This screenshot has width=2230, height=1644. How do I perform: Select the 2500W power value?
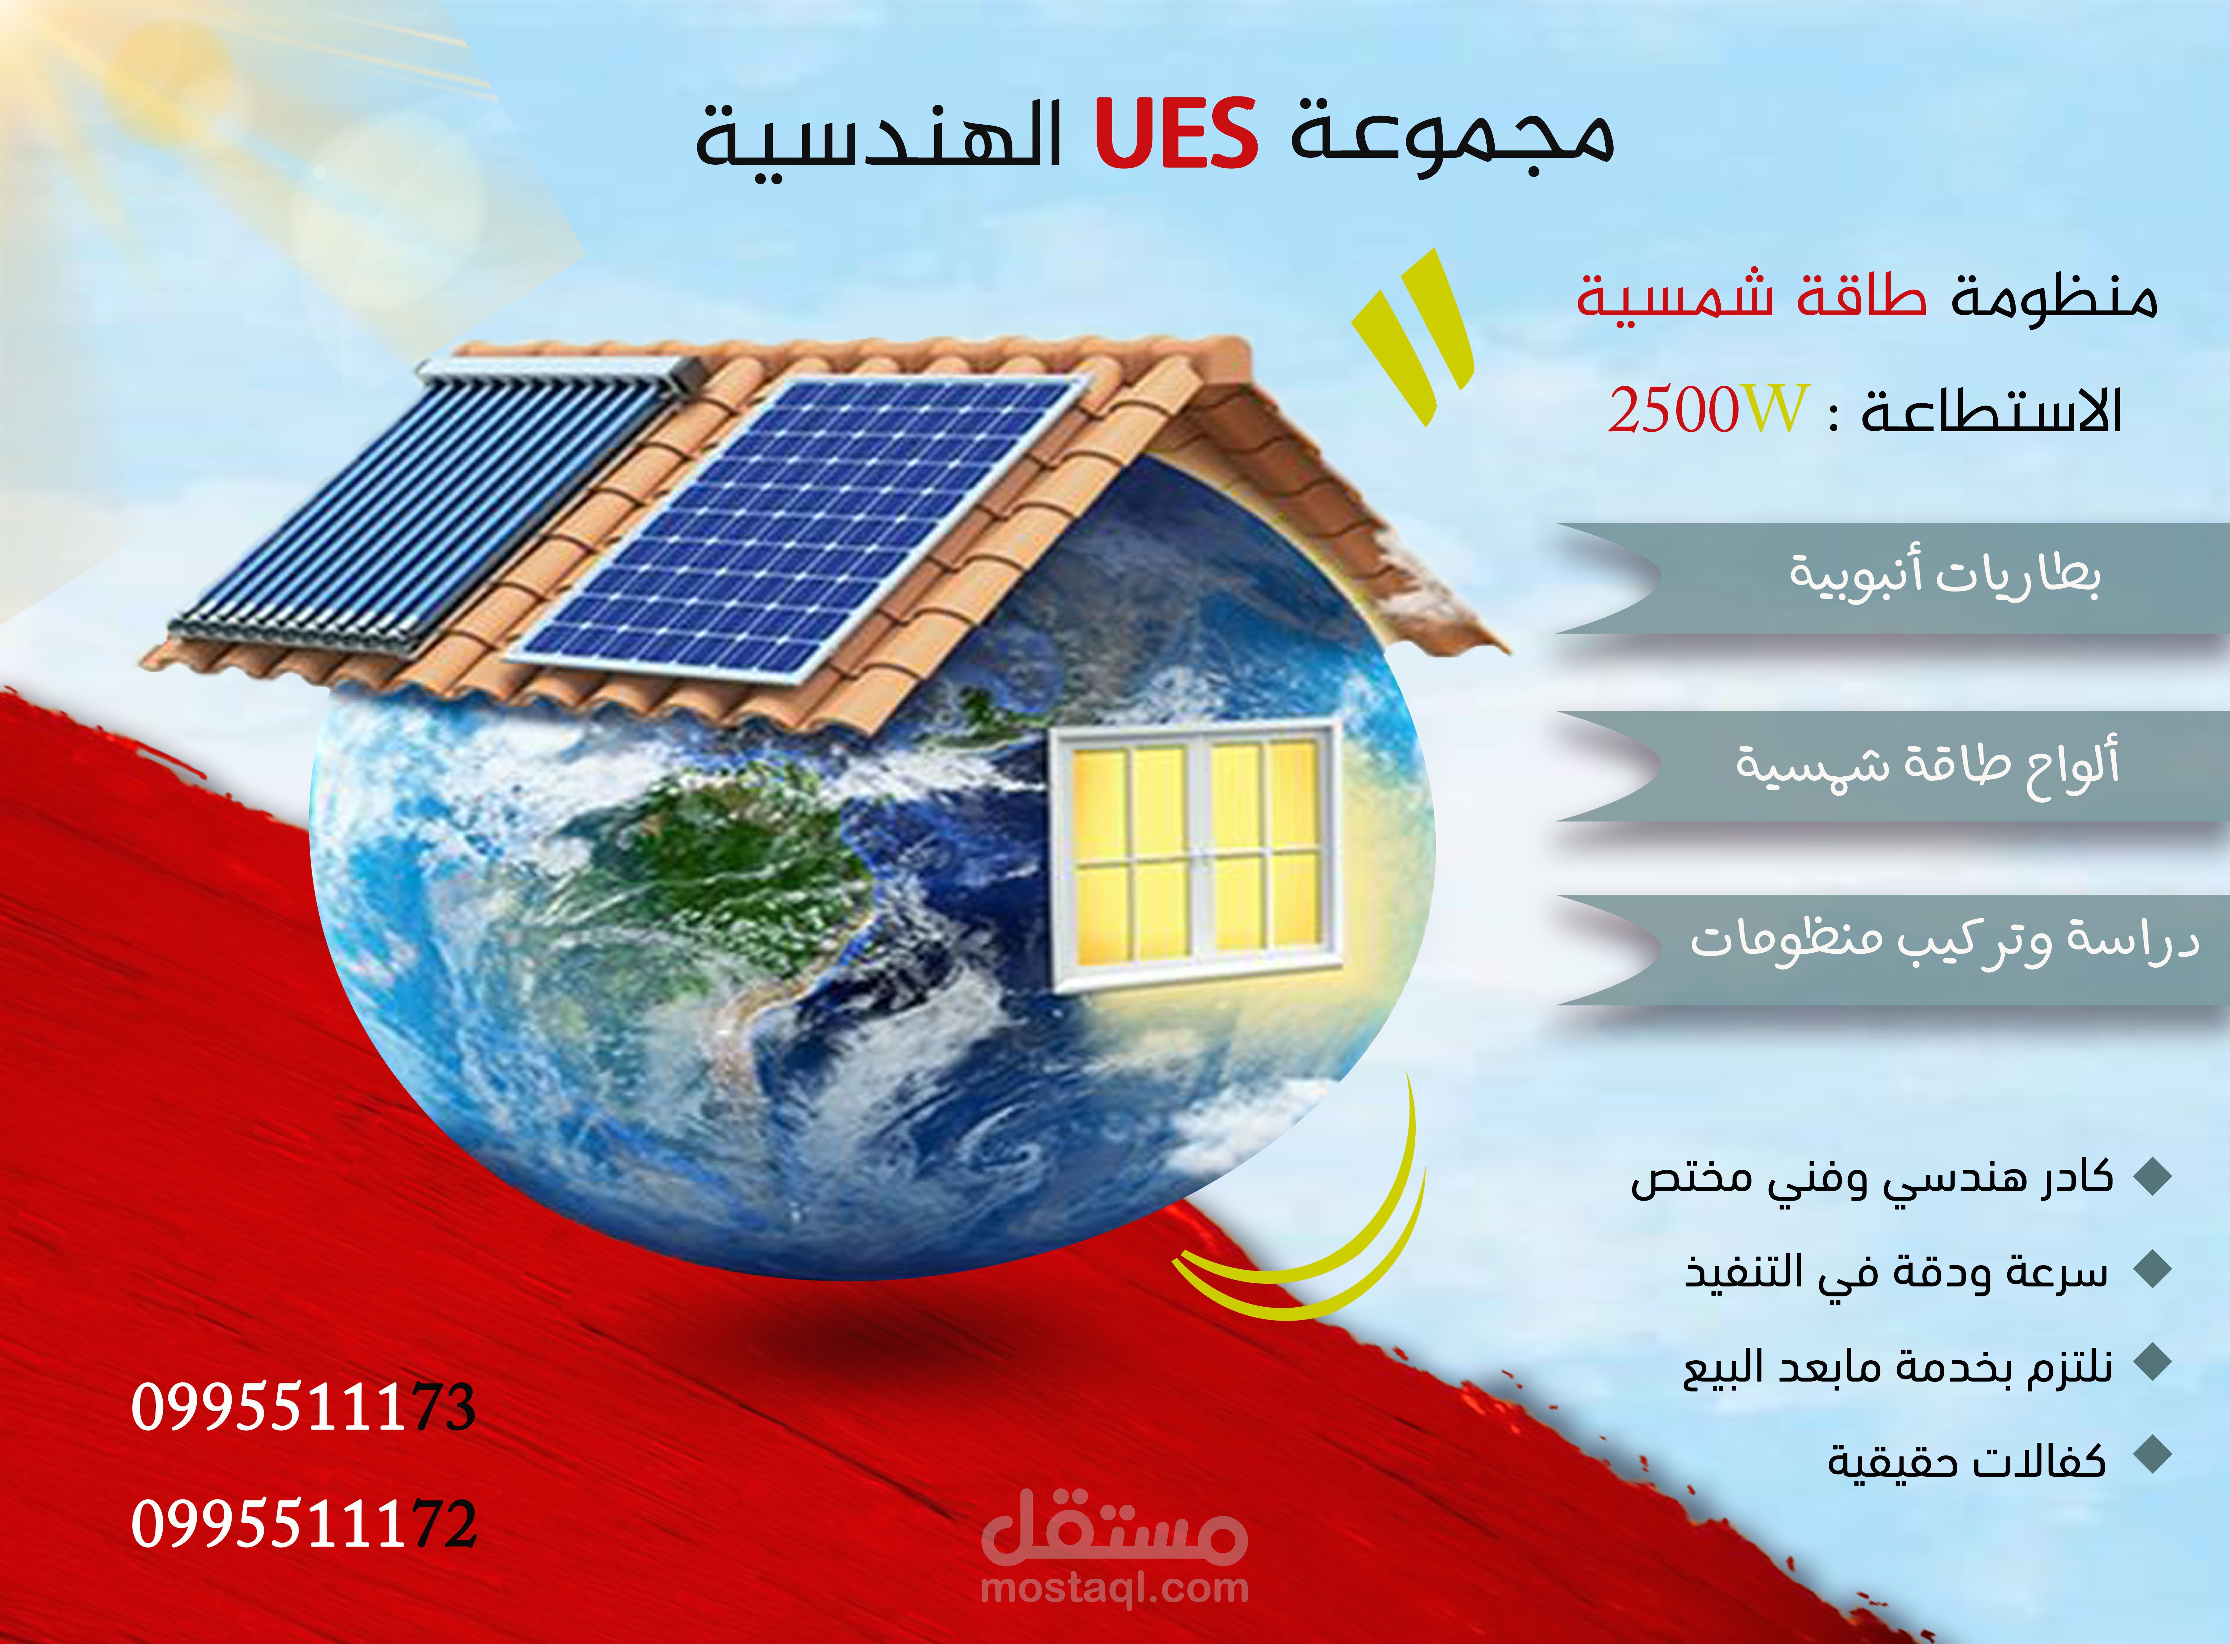1708,410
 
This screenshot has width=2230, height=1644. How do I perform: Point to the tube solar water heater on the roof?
428,498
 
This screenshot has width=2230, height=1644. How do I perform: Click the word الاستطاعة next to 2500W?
1990,410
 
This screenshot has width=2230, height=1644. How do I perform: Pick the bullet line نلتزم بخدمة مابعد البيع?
1896,1365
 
